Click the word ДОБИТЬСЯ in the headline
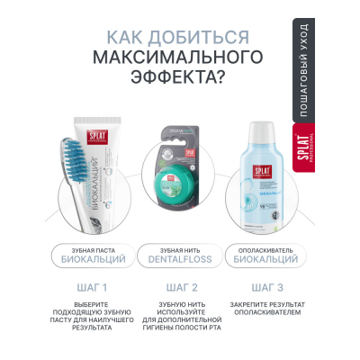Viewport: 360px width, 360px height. point(199,37)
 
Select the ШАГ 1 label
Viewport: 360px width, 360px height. point(94,288)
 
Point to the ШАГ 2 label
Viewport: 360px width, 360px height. point(180,288)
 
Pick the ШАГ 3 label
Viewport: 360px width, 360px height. point(266,288)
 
